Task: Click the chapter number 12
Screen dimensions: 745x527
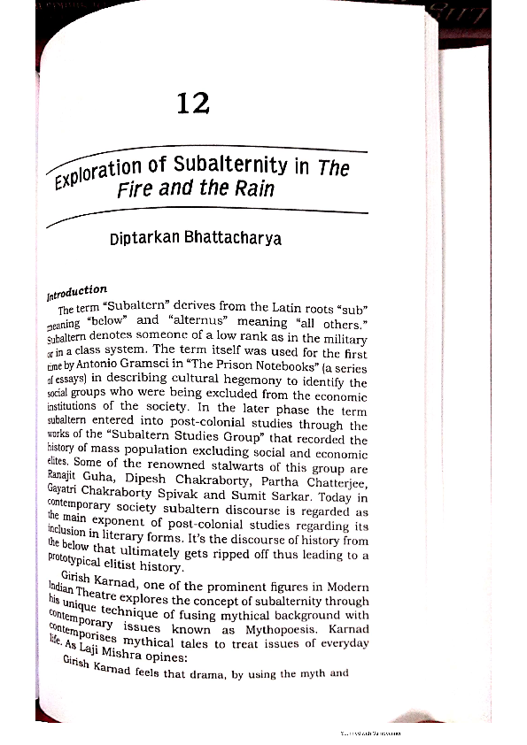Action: [192, 104]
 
